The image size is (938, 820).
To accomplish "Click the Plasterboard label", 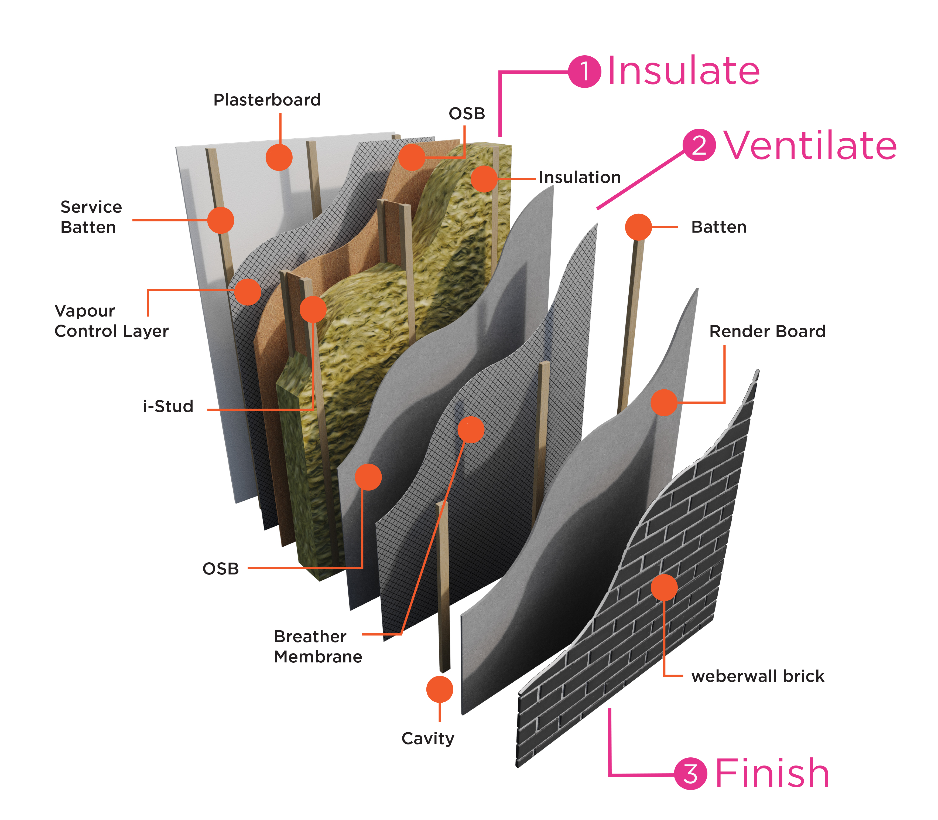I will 267,100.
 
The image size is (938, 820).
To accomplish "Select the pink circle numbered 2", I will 699,145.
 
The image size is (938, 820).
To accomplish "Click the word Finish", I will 772,773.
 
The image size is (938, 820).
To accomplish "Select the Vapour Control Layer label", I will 111,321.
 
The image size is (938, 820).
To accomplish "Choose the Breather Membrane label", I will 318,646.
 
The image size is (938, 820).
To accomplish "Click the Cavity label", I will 428,738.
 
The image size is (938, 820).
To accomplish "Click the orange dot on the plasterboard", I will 279,157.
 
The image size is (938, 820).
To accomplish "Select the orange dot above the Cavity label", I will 440,689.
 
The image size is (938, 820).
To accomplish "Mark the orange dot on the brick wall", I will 664,587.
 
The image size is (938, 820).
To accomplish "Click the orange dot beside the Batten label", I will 638,227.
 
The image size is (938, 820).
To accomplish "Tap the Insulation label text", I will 580,177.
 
